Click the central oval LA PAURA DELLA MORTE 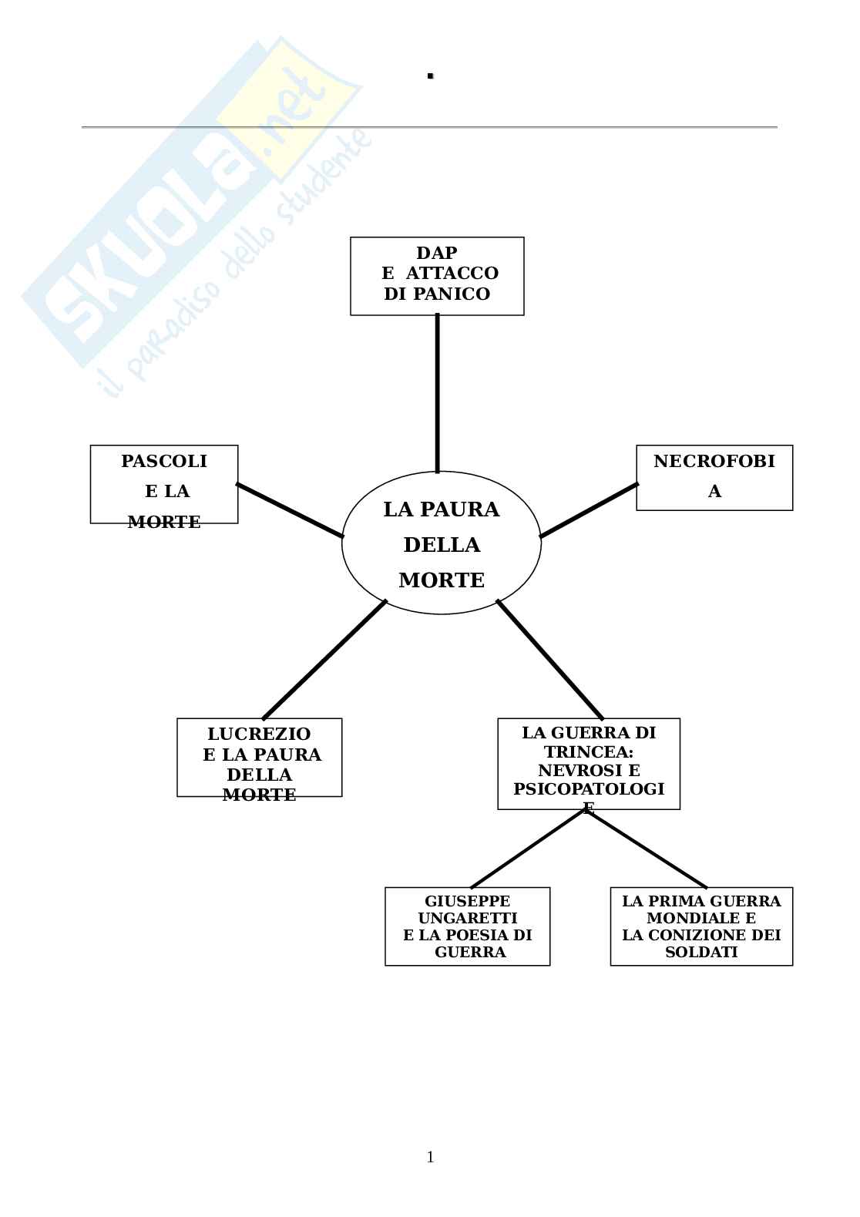coord(442,543)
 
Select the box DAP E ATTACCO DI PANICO coord(437,275)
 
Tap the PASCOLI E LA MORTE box coord(164,484)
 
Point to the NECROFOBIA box coord(714,477)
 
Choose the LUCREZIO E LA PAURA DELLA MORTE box coord(259,757)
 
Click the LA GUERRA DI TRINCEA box coord(589,763)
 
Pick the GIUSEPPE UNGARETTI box coord(467,926)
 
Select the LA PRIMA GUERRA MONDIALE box coord(701,926)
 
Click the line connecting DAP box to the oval coord(438,393)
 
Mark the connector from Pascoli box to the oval coord(290,510)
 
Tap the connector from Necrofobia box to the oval coord(589,510)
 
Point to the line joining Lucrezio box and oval coord(324,660)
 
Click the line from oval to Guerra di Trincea coord(549,660)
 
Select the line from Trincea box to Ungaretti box coord(528,848)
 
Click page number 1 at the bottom coord(430,1157)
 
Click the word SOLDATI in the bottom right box coord(701,952)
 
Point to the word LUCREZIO coord(259,734)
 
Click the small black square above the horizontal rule coord(431,76)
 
